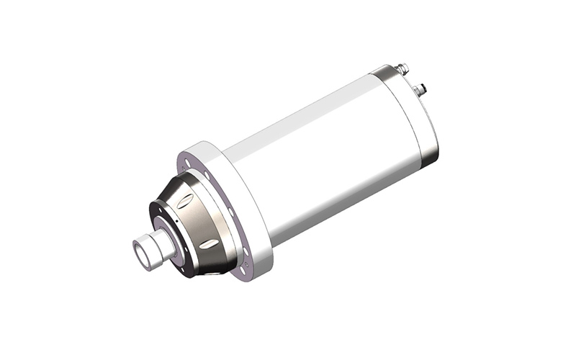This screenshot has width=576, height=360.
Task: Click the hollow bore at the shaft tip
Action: [140, 253]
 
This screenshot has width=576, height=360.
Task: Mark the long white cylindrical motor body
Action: [324, 151]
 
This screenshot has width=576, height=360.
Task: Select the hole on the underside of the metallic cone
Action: [216, 272]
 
